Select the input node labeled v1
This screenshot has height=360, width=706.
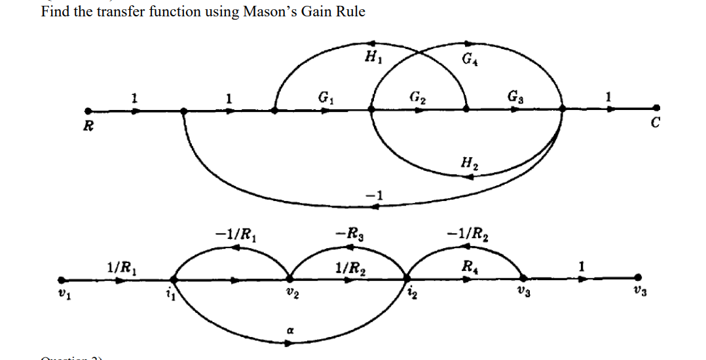pyautogui.click(x=62, y=279)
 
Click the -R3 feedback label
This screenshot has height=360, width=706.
pyautogui.click(x=347, y=233)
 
